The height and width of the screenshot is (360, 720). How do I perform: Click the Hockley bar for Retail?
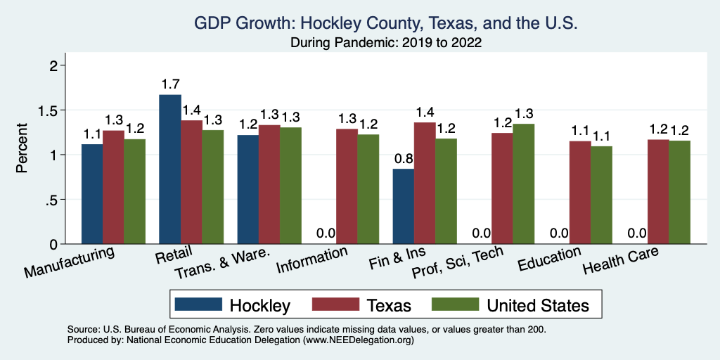point(170,169)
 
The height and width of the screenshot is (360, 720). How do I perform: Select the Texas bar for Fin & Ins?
point(425,183)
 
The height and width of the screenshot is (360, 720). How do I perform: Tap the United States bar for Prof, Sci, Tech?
point(524,184)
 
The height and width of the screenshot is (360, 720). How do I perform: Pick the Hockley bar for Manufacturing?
point(92,194)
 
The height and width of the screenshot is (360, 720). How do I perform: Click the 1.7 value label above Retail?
point(170,85)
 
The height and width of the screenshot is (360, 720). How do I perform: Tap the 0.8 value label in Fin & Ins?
point(403,159)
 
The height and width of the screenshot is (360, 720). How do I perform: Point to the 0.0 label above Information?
point(325,234)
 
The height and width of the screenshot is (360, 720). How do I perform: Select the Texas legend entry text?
point(388,305)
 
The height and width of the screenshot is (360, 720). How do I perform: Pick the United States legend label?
point(538,305)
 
